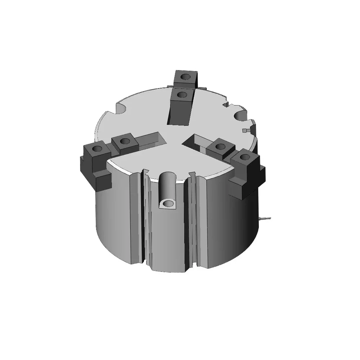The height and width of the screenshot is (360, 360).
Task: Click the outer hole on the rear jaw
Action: (x=185, y=77)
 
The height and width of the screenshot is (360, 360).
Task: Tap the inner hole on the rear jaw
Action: (x=182, y=95)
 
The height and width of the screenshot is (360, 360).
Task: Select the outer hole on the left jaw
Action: (x=97, y=148)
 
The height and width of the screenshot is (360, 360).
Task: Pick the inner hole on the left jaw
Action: (x=125, y=141)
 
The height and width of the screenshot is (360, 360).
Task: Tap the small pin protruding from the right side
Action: (x=265, y=219)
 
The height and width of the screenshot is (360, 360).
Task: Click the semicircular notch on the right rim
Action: (x=241, y=116)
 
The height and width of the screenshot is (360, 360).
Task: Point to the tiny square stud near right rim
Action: (x=246, y=130)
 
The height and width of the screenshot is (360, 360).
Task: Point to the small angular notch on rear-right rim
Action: (x=226, y=104)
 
